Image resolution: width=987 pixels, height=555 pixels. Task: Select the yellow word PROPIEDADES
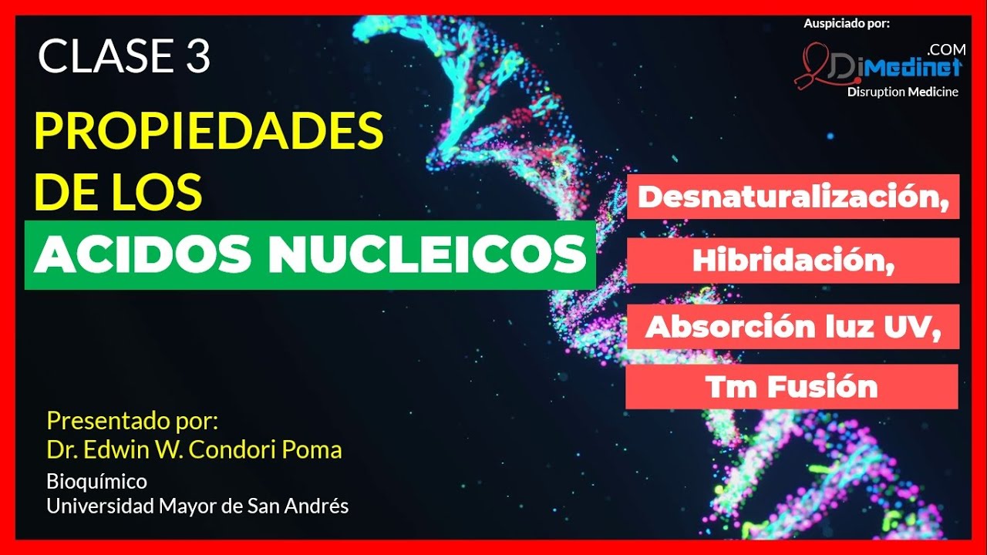(208, 131)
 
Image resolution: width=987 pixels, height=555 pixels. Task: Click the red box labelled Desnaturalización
(793, 197)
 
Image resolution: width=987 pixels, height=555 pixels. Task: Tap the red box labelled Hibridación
(793, 261)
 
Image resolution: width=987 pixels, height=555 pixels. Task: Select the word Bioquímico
(96, 482)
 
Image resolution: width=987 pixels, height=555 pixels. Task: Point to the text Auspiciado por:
(847, 23)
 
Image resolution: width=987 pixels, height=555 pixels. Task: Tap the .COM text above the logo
(947, 49)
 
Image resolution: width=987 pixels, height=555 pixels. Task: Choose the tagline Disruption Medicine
(903, 92)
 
